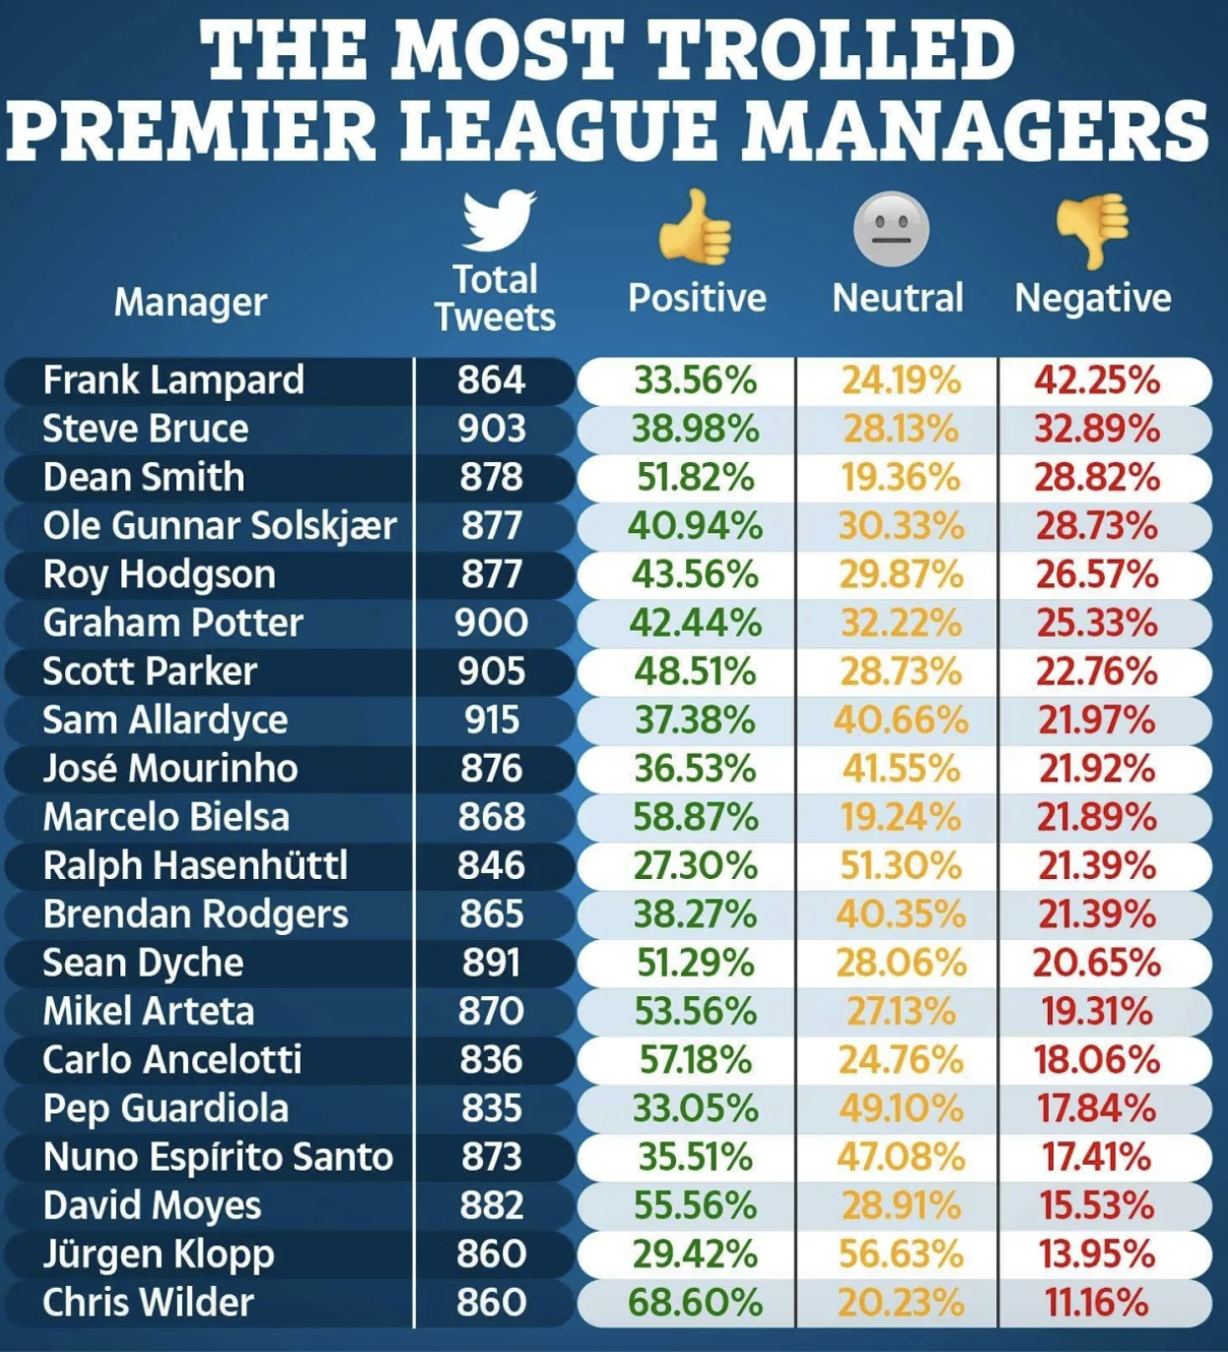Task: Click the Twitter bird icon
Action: [499, 221]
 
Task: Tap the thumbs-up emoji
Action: [695, 228]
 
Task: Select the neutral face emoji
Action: [891, 229]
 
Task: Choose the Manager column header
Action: [190, 302]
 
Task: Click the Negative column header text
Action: [1093, 298]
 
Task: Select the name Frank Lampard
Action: [173, 380]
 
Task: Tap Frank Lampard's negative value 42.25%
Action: [1097, 380]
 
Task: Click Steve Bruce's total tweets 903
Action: [491, 429]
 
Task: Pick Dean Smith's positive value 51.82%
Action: [696, 477]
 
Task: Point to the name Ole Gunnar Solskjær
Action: [219, 525]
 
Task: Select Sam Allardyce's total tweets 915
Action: [492, 719]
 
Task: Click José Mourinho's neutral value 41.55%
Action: [901, 769]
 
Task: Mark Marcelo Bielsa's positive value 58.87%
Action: [696, 817]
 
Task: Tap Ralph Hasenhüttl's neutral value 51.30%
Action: [901, 865]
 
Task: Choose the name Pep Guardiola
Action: [166, 1109]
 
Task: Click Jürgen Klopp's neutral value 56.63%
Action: [901, 1253]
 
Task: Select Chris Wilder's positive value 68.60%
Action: [696, 1303]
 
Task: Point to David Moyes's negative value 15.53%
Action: [1097, 1205]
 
